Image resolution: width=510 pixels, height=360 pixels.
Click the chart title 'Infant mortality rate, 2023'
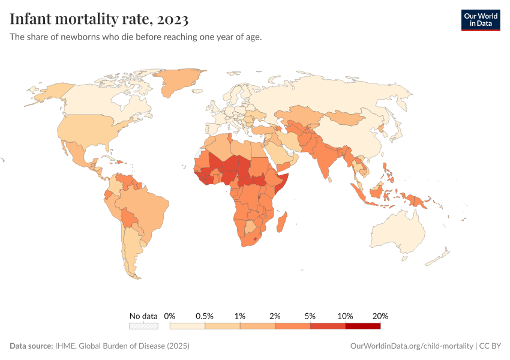coord(99,19)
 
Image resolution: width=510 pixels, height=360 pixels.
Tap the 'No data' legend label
coord(143,316)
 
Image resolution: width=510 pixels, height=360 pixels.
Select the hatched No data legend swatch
coord(143,326)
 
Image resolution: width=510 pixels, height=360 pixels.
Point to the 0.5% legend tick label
coord(205,316)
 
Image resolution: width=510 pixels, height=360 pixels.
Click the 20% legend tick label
coord(380,316)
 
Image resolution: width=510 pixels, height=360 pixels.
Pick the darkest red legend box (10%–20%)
coord(363,326)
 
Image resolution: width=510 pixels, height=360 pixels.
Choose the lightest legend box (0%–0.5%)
coord(187,326)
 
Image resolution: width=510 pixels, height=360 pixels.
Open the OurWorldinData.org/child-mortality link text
coord(411,346)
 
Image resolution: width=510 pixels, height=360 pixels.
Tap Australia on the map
coord(398,231)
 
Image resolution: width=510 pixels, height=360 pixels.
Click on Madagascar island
coord(282,223)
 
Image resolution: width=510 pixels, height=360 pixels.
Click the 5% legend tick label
coord(310,316)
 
